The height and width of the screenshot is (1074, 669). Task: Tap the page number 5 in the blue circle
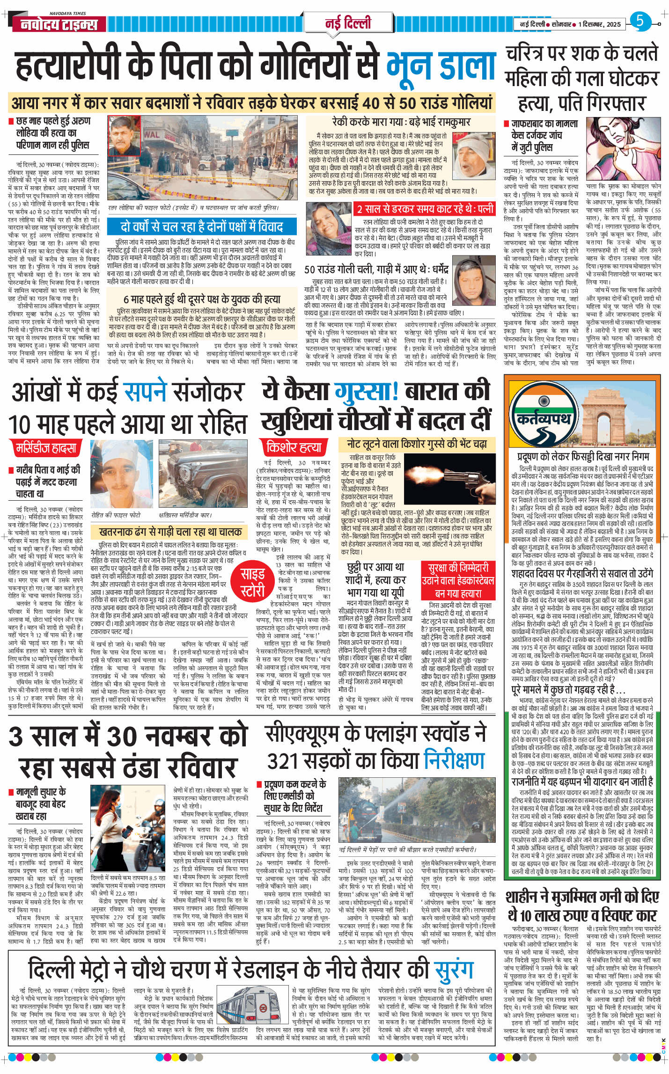point(640,22)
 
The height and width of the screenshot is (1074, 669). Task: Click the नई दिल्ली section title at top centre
point(348,22)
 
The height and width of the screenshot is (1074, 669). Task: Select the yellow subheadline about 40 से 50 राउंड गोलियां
point(252,102)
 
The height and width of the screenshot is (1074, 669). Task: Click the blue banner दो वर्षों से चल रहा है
point(202,227)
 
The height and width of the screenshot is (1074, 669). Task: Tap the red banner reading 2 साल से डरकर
point(425,209)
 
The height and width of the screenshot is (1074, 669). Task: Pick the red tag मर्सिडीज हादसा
point(46,448)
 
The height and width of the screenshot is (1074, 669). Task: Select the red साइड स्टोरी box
point(253,582)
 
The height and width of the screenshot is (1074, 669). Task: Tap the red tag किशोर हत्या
point(294,447)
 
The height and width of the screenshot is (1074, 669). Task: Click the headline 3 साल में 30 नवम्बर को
point(128,736)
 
